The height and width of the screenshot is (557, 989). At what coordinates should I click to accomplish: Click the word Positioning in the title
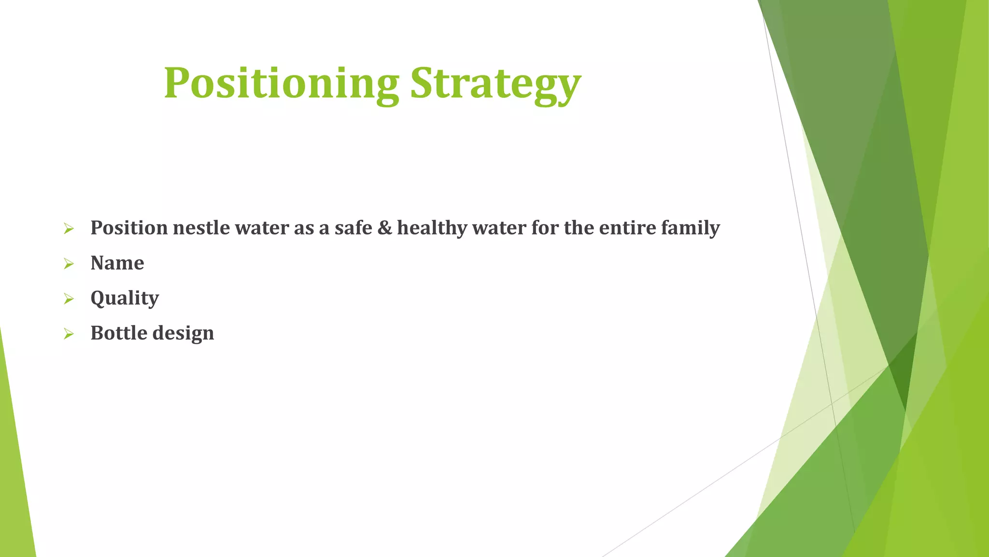coord(281,83)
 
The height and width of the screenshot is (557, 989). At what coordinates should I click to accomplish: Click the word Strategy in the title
coord(495,83)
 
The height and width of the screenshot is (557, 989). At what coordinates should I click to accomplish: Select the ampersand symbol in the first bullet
coord(384,228)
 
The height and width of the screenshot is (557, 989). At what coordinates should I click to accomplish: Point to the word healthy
coord(432,228)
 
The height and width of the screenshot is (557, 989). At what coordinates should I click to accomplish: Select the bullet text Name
coord(117,263)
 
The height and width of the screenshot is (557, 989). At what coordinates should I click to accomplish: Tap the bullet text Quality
coord(125,298)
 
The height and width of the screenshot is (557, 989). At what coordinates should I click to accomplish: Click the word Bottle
coord(119,333)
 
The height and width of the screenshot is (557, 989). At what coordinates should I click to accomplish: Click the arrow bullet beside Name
coord(69,264)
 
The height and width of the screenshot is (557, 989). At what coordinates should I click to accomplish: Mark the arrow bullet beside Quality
coord(69,299)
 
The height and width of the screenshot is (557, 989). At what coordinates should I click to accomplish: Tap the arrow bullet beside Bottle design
coord(69,334)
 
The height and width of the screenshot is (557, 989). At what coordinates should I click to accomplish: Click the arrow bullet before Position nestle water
coord(69,228)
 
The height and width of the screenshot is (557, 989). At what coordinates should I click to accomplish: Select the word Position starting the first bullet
coord(129,228)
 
